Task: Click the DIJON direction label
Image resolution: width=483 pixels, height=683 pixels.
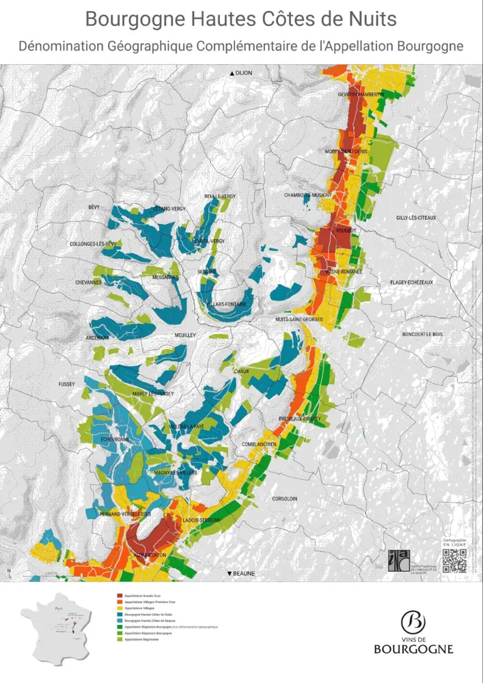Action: tap(242, 72)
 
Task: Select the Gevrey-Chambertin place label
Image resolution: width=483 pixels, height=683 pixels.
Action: tap(361, 94)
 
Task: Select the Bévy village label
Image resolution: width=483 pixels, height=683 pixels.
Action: tap(94, 207)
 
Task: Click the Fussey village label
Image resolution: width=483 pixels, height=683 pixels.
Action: tap(67, 385)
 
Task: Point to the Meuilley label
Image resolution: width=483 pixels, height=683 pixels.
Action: tap(185, 335)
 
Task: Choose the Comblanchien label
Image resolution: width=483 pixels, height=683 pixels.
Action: tap(259, 445)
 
